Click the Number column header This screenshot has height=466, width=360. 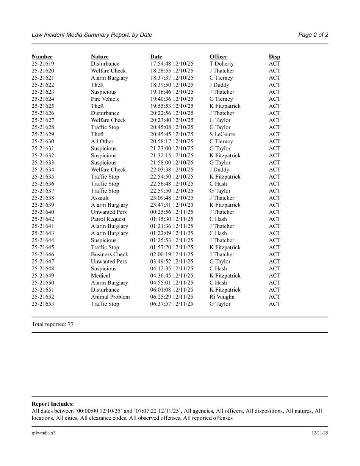click(42, 57)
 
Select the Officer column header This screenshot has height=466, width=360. click(218, 57)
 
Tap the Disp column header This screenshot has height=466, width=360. click(274, 57)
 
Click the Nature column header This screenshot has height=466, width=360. click(100, 57)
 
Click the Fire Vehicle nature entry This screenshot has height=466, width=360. click(105, 99)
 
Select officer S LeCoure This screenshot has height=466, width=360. click(222, 134)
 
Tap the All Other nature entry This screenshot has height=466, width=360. click(102, 141)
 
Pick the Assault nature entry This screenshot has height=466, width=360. click(100, 198)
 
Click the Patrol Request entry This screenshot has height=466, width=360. click(108, 219)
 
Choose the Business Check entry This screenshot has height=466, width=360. click(110, 254)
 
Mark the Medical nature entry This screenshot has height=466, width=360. click(100, 276)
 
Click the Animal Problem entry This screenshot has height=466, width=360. click(110, 297)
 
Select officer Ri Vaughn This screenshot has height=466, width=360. click(222, 297)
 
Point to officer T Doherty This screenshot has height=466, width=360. click(222, 64)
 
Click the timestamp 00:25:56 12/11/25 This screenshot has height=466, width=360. click(172, 212)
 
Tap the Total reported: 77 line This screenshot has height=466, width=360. click(53, 325)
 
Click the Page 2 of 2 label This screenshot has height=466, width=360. click(313, 35)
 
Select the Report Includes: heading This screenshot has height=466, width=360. click(53, 404)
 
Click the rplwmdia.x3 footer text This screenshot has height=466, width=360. click(44, 433)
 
